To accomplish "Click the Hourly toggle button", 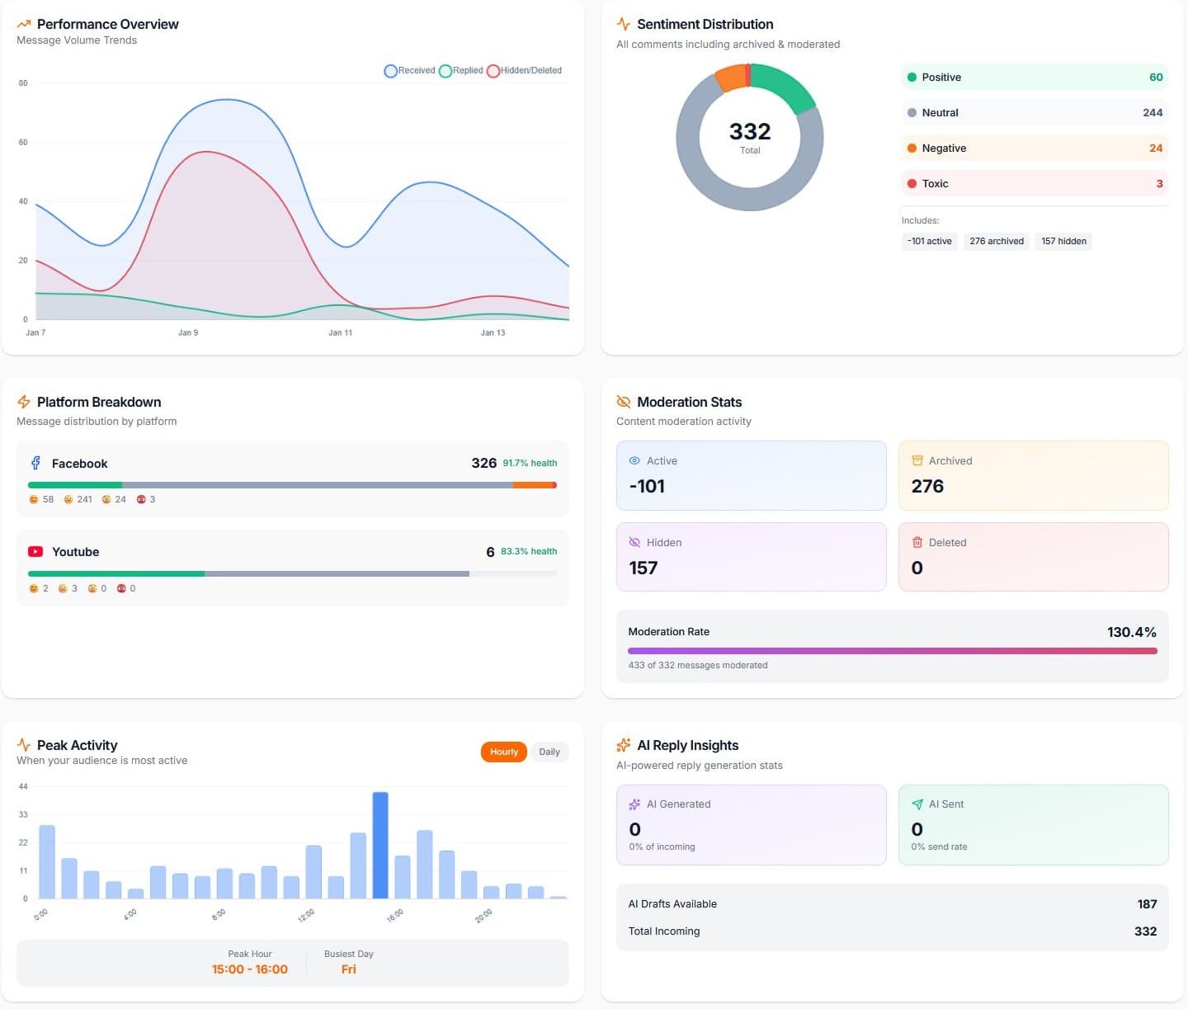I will pyautogui.click(x=503, y=752).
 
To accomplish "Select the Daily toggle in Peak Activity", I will pyautogui.click(x=549, y=752).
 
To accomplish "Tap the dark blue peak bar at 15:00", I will pyautogui.click(x=380, y=845).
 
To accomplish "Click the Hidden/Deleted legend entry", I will pyautogui.click(x=525, y=71).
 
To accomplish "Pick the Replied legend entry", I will pyautogui.click(x=461, y=71).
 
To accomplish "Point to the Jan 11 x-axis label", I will pyautogui.click(x=340, y=332).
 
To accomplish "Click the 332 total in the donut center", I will pyautogui.click(x=749, y=132).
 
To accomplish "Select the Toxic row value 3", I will pyautogui.click(x=1159, y=184).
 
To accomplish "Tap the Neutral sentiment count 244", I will pyautogui.click(x=1152, y=113).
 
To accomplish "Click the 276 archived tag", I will pyautogui.click(x=996, y=241).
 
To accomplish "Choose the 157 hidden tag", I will pyautogui.click(x=1063, y=241).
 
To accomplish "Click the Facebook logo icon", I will pyautogui.click(x=35, y=463).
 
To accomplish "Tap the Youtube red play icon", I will pyautogui.click(x=35, y=551).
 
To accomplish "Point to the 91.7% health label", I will pyautogui.click(x=530, y=463).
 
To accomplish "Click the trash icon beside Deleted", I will pyautogui.click(x=917, y=542).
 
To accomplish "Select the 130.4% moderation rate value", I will pyautogui.click(x=1131, y=632).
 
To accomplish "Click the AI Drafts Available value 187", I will pyautogui.click(x=1146, y=904).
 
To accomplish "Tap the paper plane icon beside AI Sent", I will pyautogui.click(x=917, y=804).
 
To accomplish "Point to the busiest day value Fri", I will pyautogui.click(x=348, y=969).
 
